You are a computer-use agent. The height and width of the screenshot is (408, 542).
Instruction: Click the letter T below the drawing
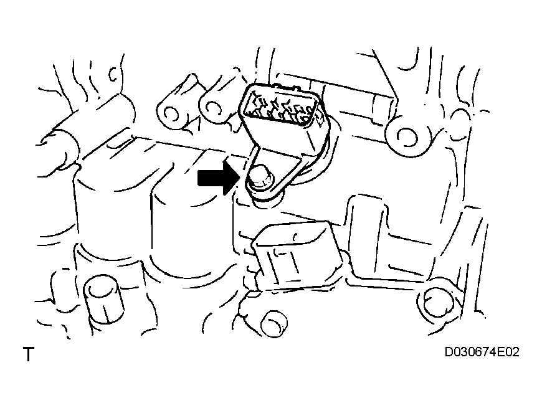tap(29, 354)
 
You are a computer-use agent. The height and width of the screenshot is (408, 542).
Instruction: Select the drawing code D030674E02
tap(482, 352)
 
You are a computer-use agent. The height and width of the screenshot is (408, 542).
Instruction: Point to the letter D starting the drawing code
tap(449, 352)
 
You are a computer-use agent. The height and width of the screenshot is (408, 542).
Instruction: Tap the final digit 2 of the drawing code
tap(516, 352)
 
